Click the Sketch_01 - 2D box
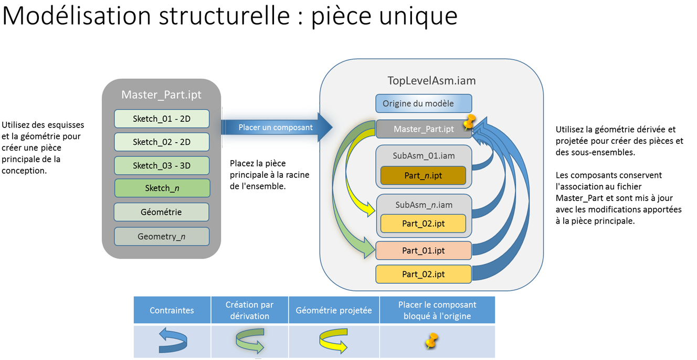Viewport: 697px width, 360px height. click(162, 119)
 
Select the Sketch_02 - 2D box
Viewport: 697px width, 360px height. click(162, 142)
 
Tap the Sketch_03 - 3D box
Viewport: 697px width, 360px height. click(162, 165)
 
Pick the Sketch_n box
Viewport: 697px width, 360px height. click(162, 188)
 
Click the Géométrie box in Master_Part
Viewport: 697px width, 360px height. click(161, 212)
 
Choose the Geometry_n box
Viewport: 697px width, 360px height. click(161, 236)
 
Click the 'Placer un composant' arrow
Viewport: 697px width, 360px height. click(276, 127)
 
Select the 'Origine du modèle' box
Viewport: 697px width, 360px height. click(423, 103)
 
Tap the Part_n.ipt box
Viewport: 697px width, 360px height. click(423, 175)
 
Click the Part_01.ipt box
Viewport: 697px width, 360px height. click(423, 250)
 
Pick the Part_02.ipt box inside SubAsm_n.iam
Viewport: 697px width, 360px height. click(423, 224)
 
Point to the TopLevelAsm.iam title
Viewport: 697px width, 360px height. click(431, 81)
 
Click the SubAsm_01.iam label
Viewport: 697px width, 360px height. click(424, 156)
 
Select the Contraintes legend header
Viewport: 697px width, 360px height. click(172, 310)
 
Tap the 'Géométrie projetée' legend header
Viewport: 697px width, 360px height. click(334, 310)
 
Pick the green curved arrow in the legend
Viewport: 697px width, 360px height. click(250, 340)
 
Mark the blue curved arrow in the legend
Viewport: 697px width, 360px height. click(173, 341)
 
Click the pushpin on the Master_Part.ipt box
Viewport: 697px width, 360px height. click(469, 123)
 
